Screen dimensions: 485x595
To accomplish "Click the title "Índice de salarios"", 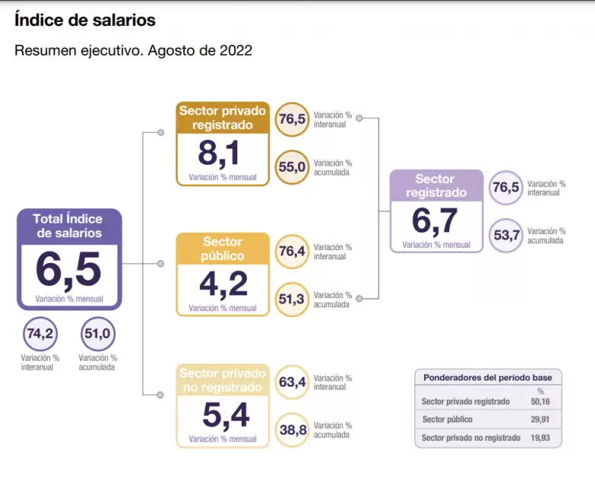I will click(x=85, y=21).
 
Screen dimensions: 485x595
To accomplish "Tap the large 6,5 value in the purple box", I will click(x=69, y=269).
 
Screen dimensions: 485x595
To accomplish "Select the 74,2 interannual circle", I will click(x=40, y=334).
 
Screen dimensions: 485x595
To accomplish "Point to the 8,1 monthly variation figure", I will click(x=219, y=153).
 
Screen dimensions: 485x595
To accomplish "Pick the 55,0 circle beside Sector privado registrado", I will click(x=292, y=167).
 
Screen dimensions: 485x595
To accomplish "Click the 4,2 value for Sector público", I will click(x=223, y=284).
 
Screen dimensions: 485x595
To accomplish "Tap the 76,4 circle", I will click(x=292, y=252).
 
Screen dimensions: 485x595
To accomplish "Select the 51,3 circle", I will click(x=292, y=299).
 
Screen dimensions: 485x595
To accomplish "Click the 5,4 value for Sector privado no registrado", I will click(x=226, y=415).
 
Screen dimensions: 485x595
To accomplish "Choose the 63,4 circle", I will click(x=292, y=382).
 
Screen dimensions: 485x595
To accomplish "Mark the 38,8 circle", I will click(x=292, y=430).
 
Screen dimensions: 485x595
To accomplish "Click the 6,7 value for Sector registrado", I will click(x=436, y=221).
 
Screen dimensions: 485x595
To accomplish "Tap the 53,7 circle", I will click(x=507, y=235).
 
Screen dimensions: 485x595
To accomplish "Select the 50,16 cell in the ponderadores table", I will click(x=540, y=401).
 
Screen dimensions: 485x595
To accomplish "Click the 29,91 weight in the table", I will click(x=540, y=419).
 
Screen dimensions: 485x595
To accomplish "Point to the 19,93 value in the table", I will click(x=540, y=438).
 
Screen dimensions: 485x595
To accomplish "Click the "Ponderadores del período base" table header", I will click(x=488, y=377).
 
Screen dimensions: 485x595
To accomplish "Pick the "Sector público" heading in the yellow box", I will click(x=223, y=249).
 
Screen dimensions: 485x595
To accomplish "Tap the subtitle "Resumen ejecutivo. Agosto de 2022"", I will click(x=133, y=51).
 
